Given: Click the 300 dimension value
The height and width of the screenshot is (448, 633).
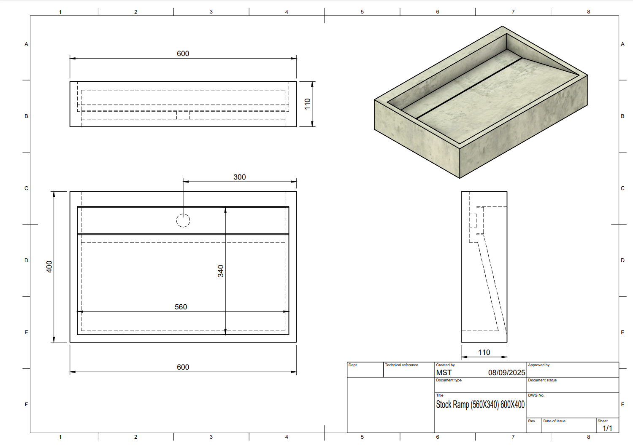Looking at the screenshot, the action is (239, 177).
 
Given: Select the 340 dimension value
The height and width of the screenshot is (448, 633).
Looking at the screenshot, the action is (220, 271).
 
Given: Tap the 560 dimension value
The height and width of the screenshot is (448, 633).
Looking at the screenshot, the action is (181, 307).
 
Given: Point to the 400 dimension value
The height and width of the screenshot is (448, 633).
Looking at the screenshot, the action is (49, 267).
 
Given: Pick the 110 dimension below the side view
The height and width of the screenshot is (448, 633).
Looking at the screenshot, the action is (484, 352).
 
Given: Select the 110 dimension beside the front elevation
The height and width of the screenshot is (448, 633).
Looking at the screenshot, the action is (308, 104).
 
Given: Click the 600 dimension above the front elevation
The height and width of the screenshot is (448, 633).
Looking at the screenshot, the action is (183, 54).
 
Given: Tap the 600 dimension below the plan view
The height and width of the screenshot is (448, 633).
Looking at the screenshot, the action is (183, 367).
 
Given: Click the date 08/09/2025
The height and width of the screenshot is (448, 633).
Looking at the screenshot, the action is (506, 373).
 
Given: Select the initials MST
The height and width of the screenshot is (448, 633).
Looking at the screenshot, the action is (444, 373).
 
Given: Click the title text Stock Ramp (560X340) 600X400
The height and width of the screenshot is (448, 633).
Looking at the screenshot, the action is (480, 405).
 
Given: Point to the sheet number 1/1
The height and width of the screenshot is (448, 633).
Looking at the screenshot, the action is (607, 428).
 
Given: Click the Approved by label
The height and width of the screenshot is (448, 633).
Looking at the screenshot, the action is (538, 365).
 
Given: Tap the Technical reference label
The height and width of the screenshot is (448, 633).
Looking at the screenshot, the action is (401, 365).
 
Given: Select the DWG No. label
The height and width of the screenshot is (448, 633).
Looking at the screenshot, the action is (536, 395).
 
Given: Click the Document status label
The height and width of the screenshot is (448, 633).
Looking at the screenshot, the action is (542, 380).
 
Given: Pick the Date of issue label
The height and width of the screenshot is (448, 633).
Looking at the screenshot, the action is (554, 421).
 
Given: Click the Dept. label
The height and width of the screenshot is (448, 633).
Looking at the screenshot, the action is (353, 365).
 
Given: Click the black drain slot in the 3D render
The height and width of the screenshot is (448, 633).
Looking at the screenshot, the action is (469, 89).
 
